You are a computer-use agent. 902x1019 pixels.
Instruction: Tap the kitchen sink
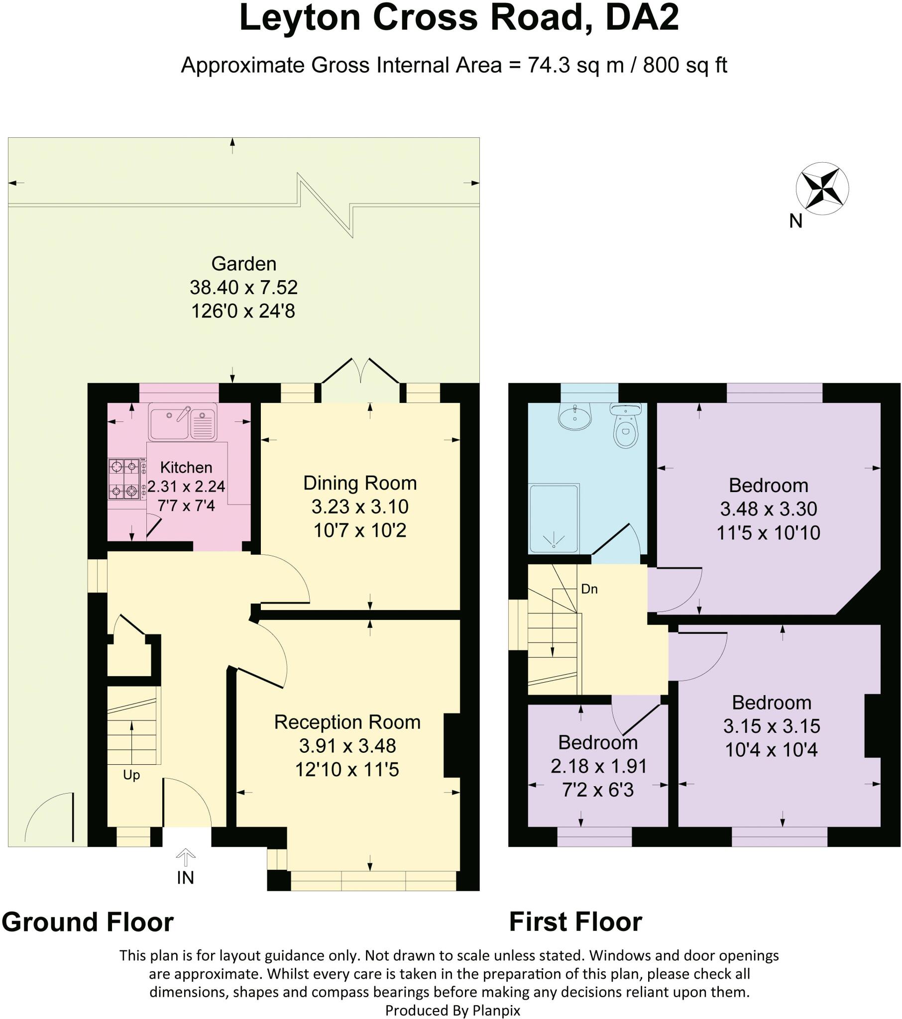(183, 422)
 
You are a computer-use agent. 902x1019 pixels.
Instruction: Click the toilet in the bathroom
(625, 427)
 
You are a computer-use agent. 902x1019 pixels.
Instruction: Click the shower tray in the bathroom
(554, 518)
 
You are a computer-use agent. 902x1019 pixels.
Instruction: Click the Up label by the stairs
(131, 775)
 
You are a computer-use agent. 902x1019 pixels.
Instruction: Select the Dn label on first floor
(589, 589)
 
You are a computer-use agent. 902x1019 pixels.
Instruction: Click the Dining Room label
(360, 483)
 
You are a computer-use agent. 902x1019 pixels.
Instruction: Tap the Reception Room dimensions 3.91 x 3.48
(347, 746)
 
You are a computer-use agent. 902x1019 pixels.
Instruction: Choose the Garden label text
(243, 264)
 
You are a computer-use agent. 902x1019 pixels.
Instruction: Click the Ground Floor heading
(88, 922)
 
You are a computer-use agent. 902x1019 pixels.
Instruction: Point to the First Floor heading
(575, 922)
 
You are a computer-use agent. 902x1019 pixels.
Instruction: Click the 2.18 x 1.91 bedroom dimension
(598, 766)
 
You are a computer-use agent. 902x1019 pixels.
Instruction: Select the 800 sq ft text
(684, 65)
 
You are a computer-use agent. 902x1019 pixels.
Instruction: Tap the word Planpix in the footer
(496, 1011)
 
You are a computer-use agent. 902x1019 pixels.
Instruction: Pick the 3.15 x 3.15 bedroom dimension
(771, 726)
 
